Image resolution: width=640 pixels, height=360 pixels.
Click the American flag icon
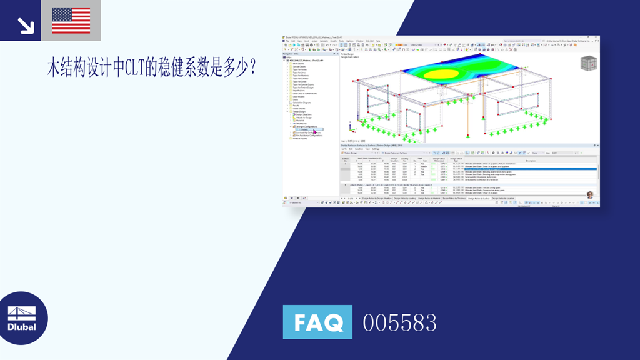71,21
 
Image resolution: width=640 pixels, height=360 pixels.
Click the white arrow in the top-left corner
26,25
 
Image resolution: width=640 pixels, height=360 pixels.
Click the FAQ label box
317,322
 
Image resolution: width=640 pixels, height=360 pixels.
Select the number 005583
400,322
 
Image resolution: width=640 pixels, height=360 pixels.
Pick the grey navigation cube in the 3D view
588,63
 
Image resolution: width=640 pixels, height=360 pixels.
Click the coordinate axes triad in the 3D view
352,129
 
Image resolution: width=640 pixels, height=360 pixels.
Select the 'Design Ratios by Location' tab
505,198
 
